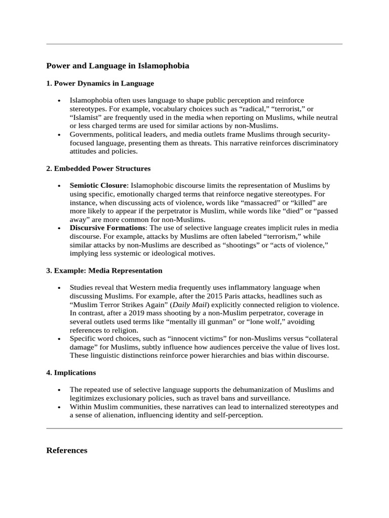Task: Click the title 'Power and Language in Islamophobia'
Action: pyautogui.click(x=118, y=66)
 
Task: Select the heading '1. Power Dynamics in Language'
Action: pyautogui.click(x=100, y=83)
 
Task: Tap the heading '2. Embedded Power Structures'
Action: pyautogui.click(x=98, y=168)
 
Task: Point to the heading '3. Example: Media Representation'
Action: pyautogui.click(x=104, y=271)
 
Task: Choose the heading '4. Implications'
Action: pyautogui.click(x=71, y=372)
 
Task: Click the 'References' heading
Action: pyautogui.click(x=67, y=450)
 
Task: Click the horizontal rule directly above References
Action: pyautogui.click(x=194, y=428)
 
